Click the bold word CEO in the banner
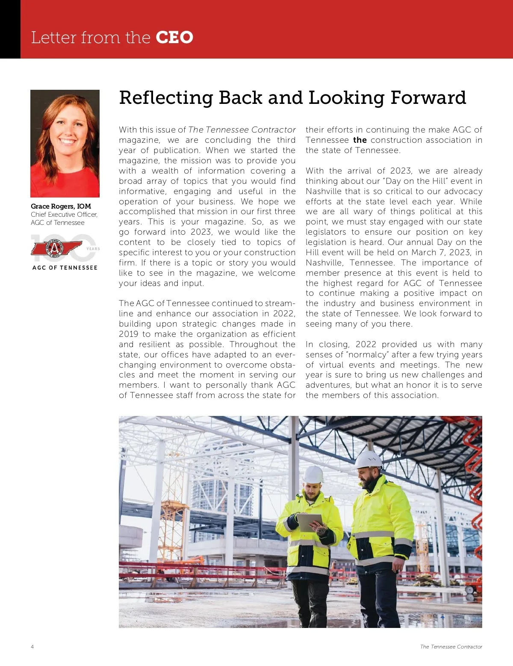[174, 38]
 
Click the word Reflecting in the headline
[166, 98]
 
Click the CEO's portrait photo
[65, 143]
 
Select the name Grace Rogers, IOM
[61, 206]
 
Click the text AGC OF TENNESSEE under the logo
[65, 268]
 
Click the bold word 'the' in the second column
[360, 140]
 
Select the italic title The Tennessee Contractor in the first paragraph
[242, 130]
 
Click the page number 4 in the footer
[32, 647]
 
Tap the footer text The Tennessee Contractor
[451, 647]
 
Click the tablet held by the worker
[309, 522]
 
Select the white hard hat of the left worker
[313, 474]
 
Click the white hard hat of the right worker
[369, 459]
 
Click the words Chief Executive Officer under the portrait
[64, 215]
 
